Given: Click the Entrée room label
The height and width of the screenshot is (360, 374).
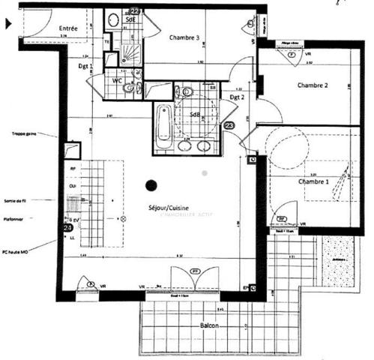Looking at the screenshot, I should tap(68, 28).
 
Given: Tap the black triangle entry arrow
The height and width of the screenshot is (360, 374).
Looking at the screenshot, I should tap(8, 24).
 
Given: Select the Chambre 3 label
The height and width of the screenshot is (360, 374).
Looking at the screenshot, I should tap(184, 37).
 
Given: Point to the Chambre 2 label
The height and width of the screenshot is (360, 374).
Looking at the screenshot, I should tap(314, 85).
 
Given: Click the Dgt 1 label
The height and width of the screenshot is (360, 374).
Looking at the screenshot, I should tap(85, 66).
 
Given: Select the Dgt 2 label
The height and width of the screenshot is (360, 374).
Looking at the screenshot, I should tap(238, 96).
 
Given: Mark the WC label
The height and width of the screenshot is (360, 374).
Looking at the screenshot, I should tap(118, 79).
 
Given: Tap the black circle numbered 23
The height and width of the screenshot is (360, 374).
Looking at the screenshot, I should tap(229, 126).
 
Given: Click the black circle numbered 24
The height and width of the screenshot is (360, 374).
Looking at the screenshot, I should tap(67, 227).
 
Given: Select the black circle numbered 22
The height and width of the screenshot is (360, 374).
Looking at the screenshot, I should tap(135, 11).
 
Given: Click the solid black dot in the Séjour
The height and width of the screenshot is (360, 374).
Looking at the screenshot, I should tap(151, 184).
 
